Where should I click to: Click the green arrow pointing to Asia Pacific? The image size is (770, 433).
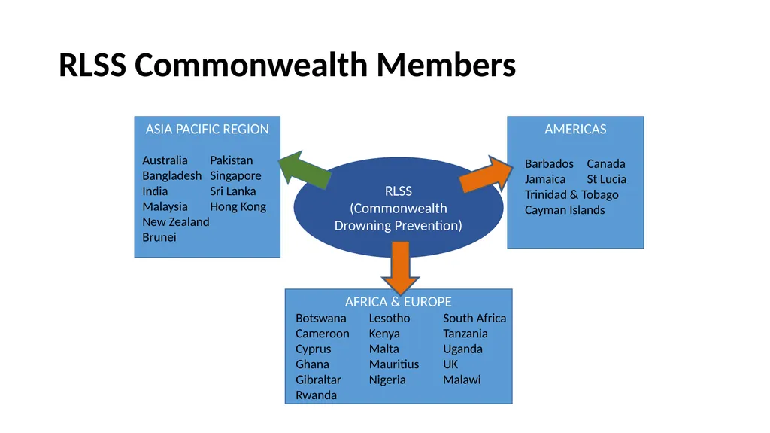pos(305,169)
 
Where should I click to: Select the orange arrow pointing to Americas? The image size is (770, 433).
pos(487,175)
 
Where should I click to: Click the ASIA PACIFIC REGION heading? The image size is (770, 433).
pos(208,129)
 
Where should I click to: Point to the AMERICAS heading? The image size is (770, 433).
pos(575,129)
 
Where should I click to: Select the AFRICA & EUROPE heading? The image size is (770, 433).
pos(399,302)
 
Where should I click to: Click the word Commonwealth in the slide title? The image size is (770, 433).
pos(251,65)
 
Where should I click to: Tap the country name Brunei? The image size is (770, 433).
pos(159,237)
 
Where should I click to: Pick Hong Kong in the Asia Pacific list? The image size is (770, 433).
pos(238,206)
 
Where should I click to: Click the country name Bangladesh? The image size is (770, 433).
pos(172,175)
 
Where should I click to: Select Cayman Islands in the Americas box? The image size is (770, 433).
pos(565,210)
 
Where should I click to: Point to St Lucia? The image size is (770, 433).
pos(607,179)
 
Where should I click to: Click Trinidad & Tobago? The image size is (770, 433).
pos(571,195)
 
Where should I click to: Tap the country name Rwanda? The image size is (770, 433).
pos(317,395)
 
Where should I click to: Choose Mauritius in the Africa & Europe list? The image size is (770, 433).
pos(394,364)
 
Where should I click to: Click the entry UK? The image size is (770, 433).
pos(450,364)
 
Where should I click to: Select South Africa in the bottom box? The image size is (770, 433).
pos(474,318)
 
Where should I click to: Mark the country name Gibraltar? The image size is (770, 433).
pos(318,380)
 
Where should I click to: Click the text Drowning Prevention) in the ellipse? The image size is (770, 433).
pos(399,226)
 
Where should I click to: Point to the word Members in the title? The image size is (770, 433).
pos(447,65)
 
